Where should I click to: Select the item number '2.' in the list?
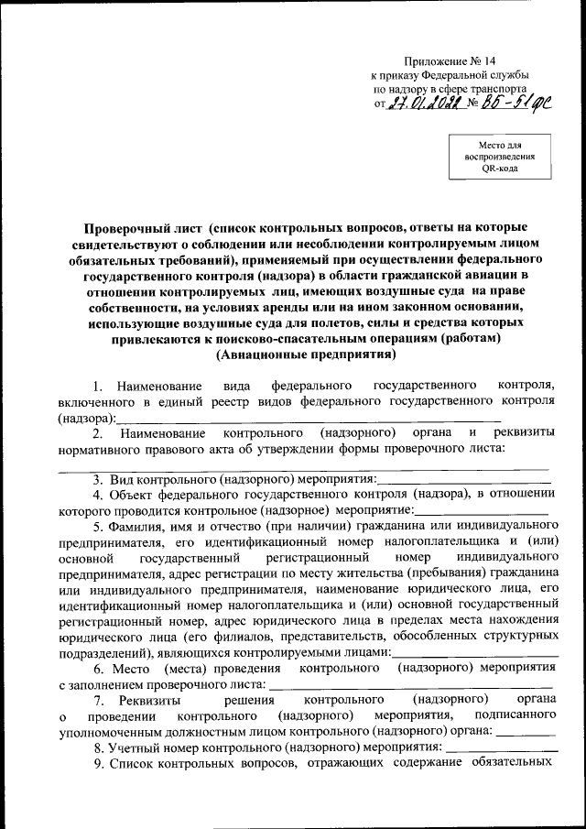tap(98, 433)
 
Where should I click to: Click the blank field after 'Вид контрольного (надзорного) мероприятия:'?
tap(463, 479)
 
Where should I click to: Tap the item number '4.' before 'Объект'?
tap(99, 496)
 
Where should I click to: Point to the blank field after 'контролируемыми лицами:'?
tap(471, 653)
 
